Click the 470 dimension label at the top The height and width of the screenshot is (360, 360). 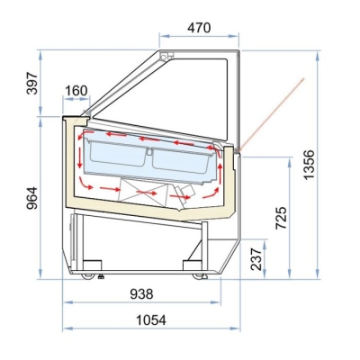click(199, 28)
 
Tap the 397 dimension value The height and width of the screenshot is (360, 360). click(32, 84)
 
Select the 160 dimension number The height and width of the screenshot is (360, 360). click(76, 91)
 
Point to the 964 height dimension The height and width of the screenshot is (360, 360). click(32, 198)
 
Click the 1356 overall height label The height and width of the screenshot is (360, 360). click(309, 165)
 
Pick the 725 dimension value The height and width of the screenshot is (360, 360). click(282, 218)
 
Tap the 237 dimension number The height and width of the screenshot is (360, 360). click(256, 259)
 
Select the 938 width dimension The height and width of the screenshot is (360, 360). click(141, 294)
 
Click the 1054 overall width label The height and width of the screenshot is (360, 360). click(151, 320)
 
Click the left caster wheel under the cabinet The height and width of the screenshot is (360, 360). click(88, 275)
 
